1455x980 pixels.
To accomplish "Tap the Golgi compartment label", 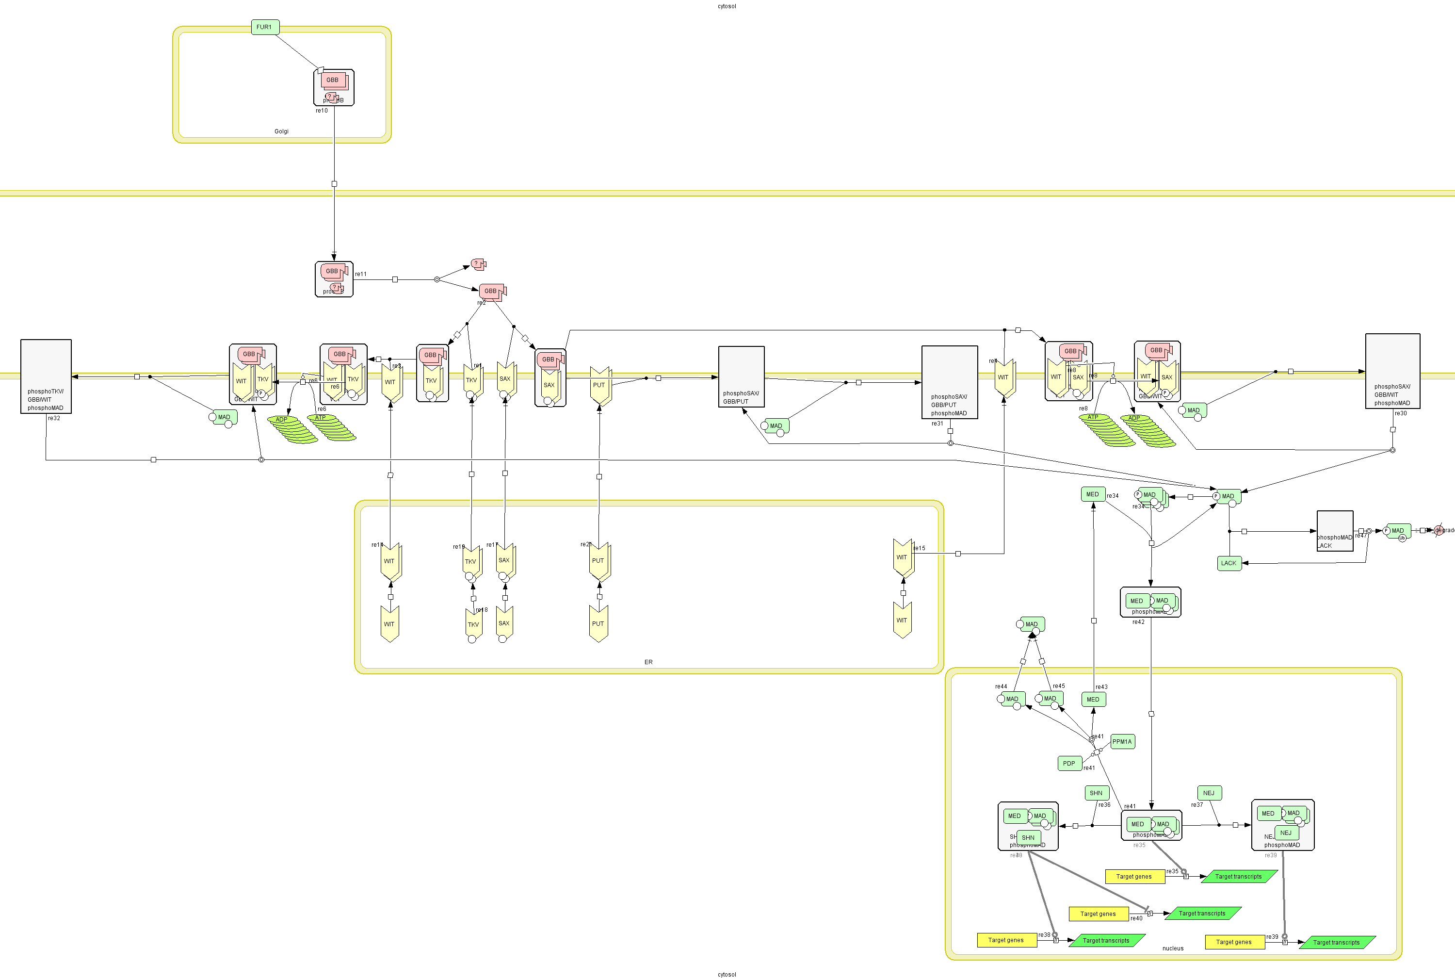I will (281, 131).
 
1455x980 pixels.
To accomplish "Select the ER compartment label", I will (648, 662).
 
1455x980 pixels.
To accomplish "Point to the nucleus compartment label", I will (1173, 948).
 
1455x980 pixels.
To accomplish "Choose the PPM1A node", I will (1122, 742).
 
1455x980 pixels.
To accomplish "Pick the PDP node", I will (1069, 763).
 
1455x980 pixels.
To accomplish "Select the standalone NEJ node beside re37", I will (1209, 793).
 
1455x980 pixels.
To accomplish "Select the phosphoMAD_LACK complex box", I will (1334, 531).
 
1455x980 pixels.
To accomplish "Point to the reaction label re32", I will (54, 418).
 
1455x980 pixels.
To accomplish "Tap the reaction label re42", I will (1138, 622).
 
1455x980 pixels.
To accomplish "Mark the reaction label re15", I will (920, 548).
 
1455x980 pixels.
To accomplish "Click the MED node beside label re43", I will (1093, 700).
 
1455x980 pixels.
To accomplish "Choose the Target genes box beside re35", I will (1134, 876).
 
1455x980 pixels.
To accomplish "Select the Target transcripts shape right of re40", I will (1202, 913).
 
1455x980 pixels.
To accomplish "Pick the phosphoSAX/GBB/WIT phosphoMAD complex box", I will (1392, 371).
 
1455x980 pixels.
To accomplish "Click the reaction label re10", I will (321, 111).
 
